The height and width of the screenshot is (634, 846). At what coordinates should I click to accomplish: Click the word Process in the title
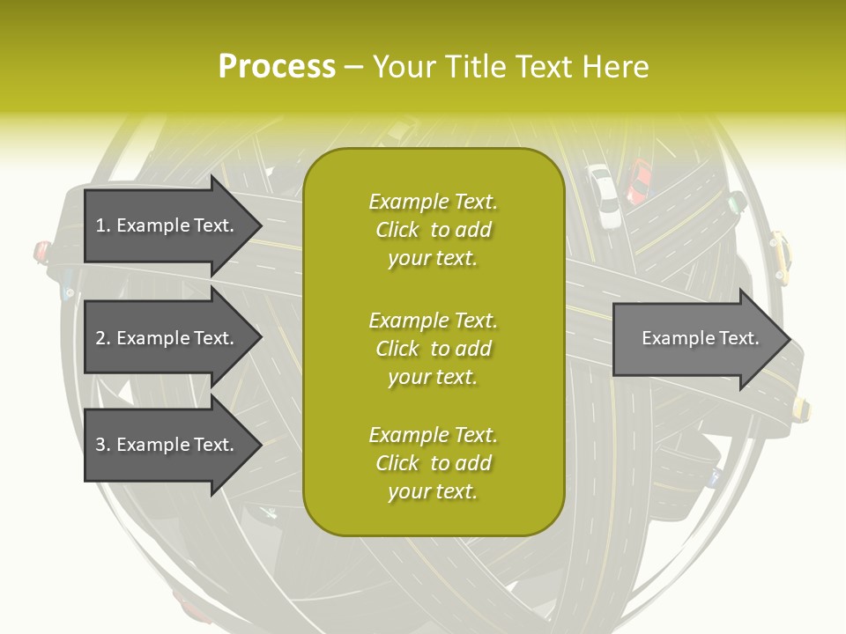pyautogui.click(x=277, y=67)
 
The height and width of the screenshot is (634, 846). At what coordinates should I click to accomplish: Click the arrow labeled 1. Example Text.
pyautogui.click(x=167, y=225)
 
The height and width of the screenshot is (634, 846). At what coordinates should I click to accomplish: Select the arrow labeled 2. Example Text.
pyautogui.click(x=167, y=338)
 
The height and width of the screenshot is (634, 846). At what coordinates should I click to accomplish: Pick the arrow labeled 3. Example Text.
pyautogui.click(x=167, y=445)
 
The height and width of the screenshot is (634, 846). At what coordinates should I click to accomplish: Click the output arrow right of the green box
pyautogui.click(x=696, y=338)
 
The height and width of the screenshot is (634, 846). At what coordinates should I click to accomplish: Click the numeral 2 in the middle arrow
pyautogui.click(x=100, y=338)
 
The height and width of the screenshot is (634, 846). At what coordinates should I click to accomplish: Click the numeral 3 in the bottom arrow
pyautogui.click(x=100, y=445)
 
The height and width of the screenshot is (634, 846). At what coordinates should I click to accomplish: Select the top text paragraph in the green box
pyautogui.click(x=433, y=230)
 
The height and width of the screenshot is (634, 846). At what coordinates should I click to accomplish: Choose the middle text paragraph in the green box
pyautogui.click(x=433, y=348)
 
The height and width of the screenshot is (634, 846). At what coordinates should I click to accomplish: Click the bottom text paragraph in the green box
pyautogui.click(x=433, y=463)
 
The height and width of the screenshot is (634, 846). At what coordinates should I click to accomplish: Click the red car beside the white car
pyautogui.click(x=640, y=181)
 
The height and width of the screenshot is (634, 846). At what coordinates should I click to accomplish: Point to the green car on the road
pyautogui.click(x=734, y=205)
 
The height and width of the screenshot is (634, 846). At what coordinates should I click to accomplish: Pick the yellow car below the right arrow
pyautogui.click(x=801, y=408)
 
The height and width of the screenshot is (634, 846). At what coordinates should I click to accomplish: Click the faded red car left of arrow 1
pyautogui.click(x=41, y=253)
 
